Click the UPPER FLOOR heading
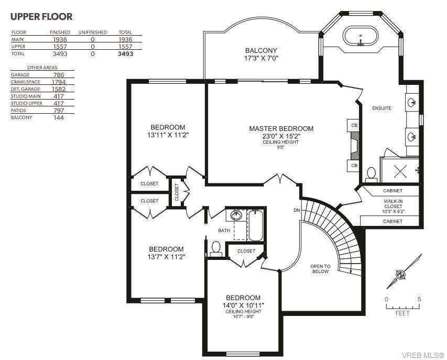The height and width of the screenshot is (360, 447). pos(41,17)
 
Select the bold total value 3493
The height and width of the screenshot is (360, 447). pos(125,53)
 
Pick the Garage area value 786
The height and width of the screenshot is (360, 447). pos(59,75)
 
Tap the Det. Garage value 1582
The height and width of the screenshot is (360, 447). pos(59,89)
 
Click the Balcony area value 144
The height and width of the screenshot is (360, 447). pos(59,117)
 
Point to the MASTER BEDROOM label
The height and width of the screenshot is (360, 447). pos(281,128)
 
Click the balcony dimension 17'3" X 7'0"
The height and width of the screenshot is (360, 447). pos(261,59)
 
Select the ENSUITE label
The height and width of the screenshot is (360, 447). pos(381,108)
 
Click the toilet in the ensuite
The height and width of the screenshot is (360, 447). pos(371,174)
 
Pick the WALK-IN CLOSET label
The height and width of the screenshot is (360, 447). pos(393,203)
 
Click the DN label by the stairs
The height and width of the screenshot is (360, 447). pos(297,210)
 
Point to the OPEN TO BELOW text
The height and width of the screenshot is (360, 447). pos(320,269)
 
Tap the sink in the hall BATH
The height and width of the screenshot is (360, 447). pos(236,215)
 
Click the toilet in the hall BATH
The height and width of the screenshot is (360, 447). pos(216,249)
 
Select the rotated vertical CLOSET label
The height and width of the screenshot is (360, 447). pos(177,192)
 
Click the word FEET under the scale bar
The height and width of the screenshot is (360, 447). pos(402,313)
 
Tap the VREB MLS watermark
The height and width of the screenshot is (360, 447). pos(423,355)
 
